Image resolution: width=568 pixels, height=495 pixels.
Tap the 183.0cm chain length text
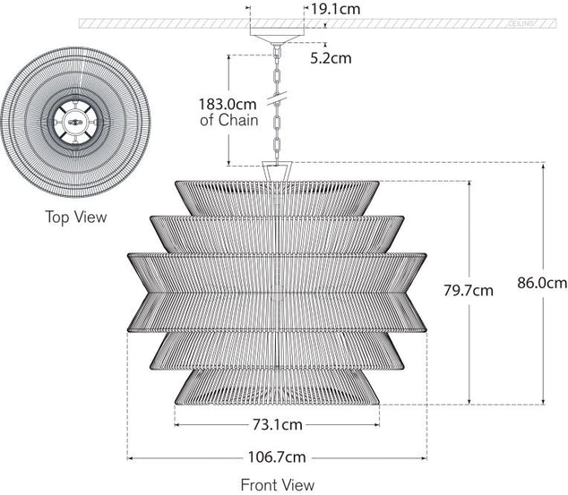tap(227, 103)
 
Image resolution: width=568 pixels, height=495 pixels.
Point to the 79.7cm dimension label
tap(469, 290)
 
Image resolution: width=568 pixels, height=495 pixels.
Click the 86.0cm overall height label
tap(543, 283)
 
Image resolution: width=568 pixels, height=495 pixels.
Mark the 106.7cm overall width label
tap(277, 457)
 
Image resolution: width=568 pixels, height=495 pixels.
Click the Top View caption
tap(76, 217)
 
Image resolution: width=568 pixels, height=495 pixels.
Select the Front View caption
tap(278, 485)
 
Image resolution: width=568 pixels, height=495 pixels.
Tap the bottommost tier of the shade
tap(277, 386)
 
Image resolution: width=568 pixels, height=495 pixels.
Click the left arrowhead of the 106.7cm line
tap(131, 457)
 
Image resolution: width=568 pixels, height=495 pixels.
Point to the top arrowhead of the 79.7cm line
tap(469, 183)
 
